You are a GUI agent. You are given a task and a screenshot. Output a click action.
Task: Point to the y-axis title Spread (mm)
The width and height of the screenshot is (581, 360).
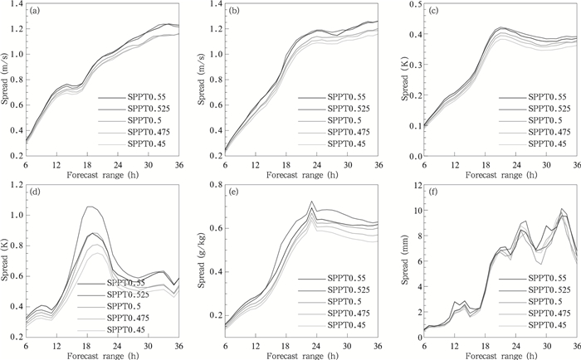[x=401, y=260]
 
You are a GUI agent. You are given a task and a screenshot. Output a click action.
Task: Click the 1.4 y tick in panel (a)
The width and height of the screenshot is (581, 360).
[x=16, y=5]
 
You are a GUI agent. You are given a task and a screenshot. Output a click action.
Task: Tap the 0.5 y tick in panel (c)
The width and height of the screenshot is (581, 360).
[x=403, y=5]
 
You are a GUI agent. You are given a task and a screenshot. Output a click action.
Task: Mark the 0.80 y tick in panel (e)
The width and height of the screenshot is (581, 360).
[x=207, y=185]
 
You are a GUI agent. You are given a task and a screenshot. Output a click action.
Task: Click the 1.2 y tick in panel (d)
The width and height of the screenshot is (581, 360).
[x=16, y=185]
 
